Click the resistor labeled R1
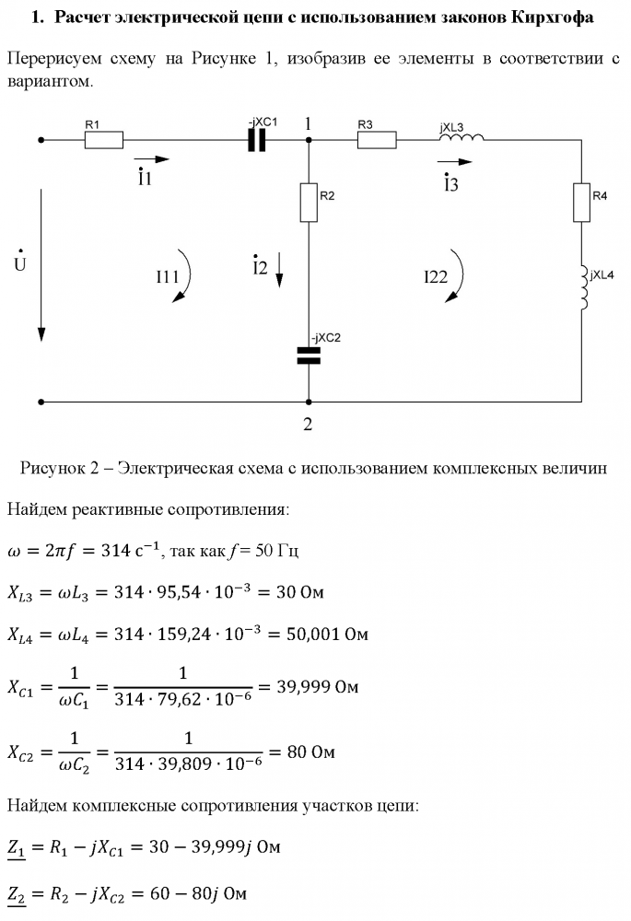(104, 140)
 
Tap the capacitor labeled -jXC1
(256, 140)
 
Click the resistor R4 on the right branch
(582, 203)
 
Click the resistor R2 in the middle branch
(309, 202)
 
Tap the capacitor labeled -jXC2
(309, 356)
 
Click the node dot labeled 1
(309, 140)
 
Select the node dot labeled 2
(309, 402)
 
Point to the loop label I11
(168, 275)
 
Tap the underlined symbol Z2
(17, 893)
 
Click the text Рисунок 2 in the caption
(61, 468)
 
